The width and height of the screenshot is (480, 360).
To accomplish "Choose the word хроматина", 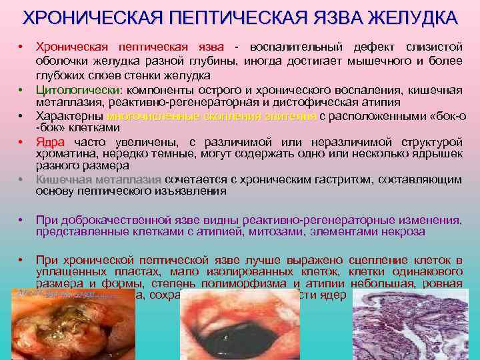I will (65, 154).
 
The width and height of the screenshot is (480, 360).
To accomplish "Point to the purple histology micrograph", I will (413, 327).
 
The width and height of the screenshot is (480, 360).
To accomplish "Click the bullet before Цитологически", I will (21, 90).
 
